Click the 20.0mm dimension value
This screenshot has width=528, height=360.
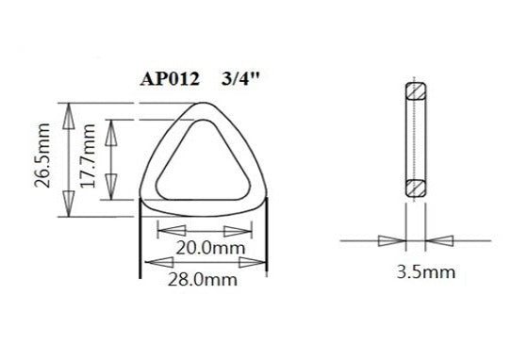[x=205, y=249]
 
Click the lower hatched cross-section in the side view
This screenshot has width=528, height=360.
[x=415, y=187]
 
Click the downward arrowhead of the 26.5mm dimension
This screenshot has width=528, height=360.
[x=68, y=201]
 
